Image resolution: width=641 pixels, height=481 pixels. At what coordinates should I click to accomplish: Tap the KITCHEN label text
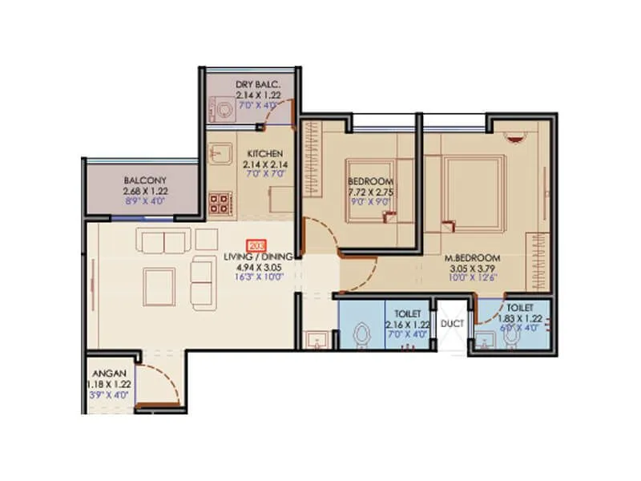(263, 153)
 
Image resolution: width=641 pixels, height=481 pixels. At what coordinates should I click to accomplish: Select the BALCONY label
(145, 181)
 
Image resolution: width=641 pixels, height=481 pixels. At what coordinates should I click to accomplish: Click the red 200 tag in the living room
(257, 245)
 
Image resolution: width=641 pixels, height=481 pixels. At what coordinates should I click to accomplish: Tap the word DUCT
(451, 324)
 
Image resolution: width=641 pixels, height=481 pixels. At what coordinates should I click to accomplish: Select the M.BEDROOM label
(474, 258)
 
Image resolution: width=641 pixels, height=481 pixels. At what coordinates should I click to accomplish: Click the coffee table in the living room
(159, 284)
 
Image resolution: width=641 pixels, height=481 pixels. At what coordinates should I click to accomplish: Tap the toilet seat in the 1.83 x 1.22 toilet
(511, 337)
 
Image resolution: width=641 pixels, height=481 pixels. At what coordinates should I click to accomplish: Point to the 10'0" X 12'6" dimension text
(474, 278)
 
